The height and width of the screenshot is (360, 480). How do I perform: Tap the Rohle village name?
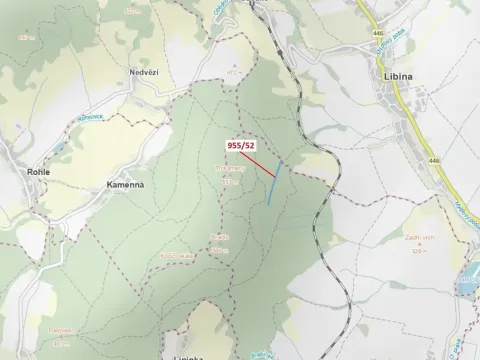[38, 171]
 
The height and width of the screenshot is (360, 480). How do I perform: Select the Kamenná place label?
[126, 185]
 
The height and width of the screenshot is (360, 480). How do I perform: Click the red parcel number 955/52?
[241, 145]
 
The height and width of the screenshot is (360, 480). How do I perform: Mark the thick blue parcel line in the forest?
[275, 183]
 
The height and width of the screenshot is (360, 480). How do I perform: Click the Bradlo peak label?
[220, 238]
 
